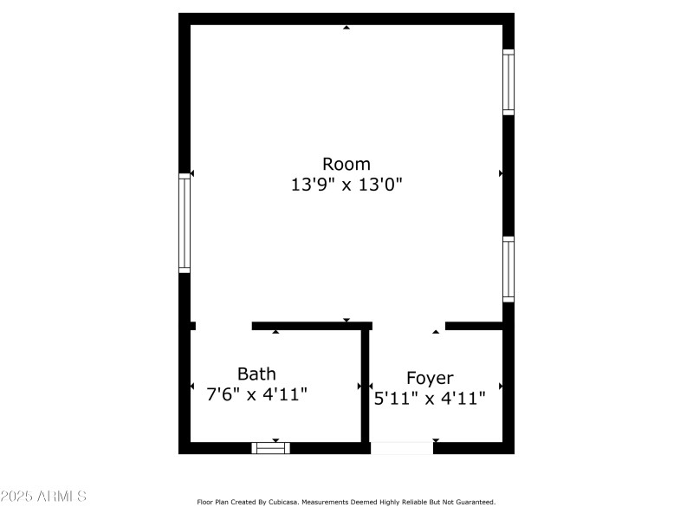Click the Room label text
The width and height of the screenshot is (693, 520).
[346, 164]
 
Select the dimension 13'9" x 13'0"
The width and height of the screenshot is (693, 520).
[346, 185]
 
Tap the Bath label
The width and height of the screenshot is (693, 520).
[256, 374]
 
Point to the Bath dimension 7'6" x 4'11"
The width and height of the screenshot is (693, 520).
[256, 394]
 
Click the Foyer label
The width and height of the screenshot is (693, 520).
[430, 378]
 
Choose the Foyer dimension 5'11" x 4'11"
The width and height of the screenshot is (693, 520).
[430, 399]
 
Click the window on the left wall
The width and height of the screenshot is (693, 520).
[185, 223]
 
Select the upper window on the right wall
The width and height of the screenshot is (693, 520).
[508, 82]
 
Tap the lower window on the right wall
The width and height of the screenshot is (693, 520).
[508, 269]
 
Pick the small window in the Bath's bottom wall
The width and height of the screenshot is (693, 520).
[270, 448]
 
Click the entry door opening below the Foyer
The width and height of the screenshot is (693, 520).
[401, 448]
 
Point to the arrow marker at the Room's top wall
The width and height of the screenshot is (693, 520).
[346, 28]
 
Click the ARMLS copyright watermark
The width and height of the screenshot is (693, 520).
[43, 497]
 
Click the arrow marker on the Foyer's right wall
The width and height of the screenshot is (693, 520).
[501, 386]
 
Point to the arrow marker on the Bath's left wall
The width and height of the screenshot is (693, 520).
[192, 386]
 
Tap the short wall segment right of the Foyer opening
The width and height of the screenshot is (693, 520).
[474, 326]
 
